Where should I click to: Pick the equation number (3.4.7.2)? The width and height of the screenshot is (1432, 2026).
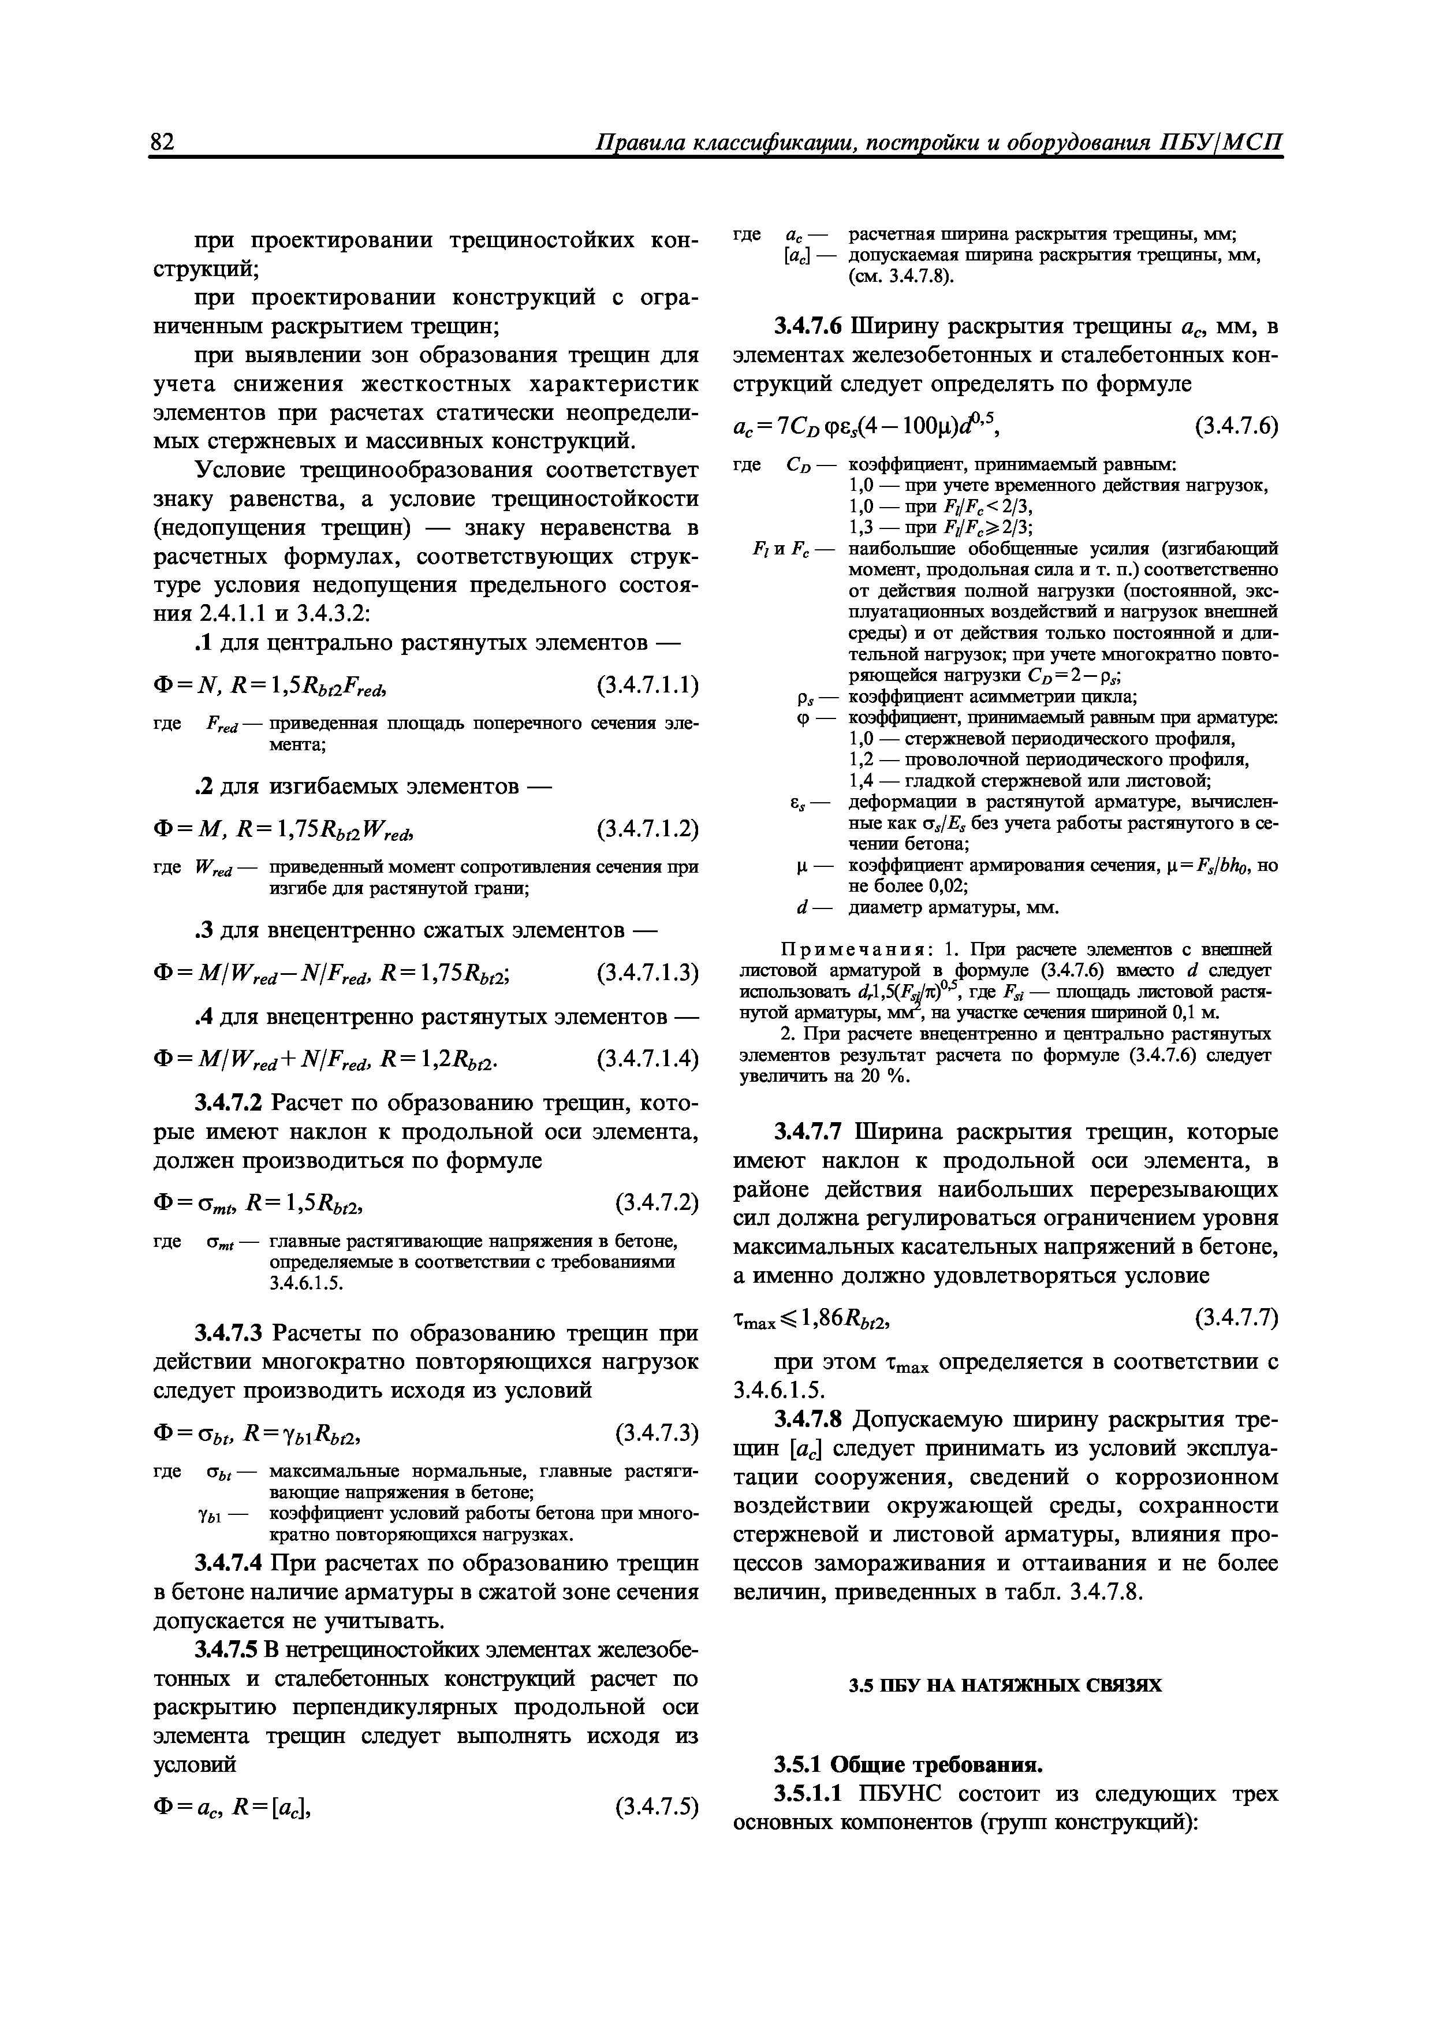tap(655, 1202)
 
